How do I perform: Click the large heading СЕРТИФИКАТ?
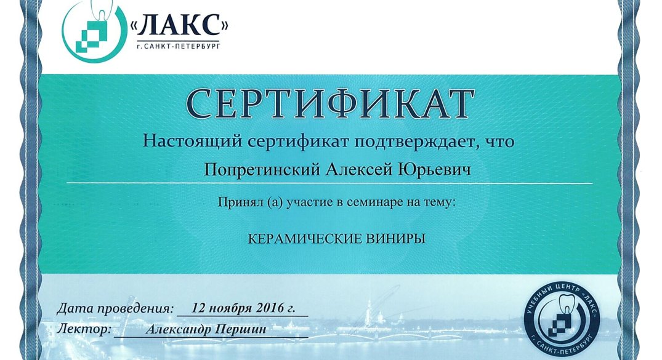(329, 103)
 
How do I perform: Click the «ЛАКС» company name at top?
(179, 26)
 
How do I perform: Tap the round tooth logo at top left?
(94, 31)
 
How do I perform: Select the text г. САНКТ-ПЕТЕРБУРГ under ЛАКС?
(178, 46)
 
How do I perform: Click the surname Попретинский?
(262, 170)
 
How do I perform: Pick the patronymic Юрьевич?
(434, 170)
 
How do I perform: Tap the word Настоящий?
(193, 141)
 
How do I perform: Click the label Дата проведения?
(115, 308)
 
